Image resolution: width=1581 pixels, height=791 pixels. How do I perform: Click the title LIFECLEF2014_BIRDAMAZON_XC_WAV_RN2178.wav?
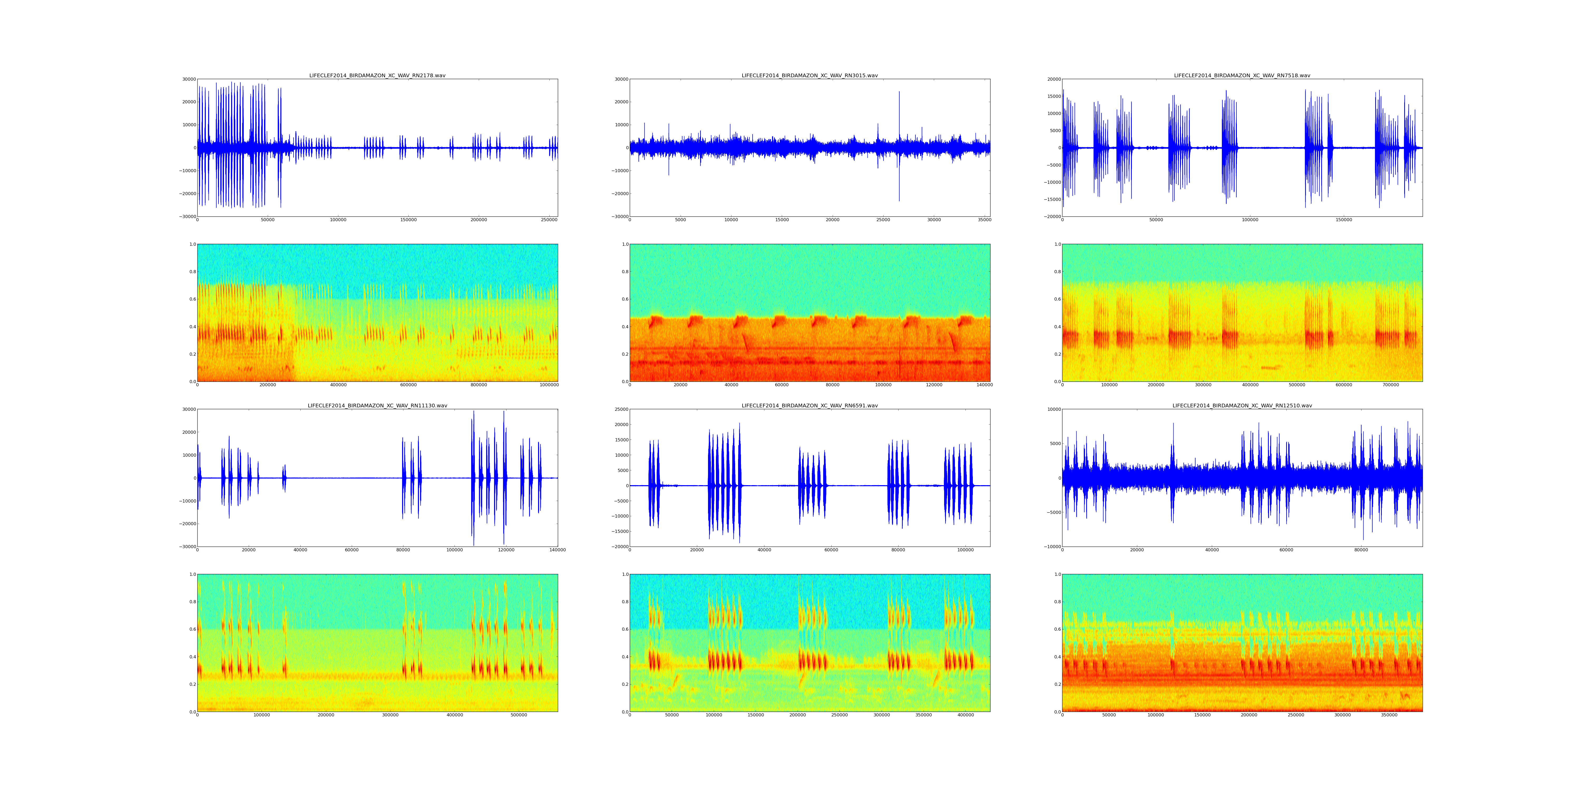click(377, 75)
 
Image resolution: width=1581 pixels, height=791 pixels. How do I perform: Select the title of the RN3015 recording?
click(809, 75)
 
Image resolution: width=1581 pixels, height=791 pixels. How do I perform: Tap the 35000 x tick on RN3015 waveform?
click(984, 220)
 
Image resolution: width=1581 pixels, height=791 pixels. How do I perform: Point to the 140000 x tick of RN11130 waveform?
click(557, 550)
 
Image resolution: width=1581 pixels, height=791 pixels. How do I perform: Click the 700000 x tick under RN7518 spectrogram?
click(1391, 385)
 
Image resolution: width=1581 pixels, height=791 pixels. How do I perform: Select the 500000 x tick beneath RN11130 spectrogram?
click(519, 715)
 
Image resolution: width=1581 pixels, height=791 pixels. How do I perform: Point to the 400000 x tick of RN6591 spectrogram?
click(965, 715)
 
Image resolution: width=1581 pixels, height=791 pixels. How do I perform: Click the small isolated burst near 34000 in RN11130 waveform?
click(284, 478)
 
